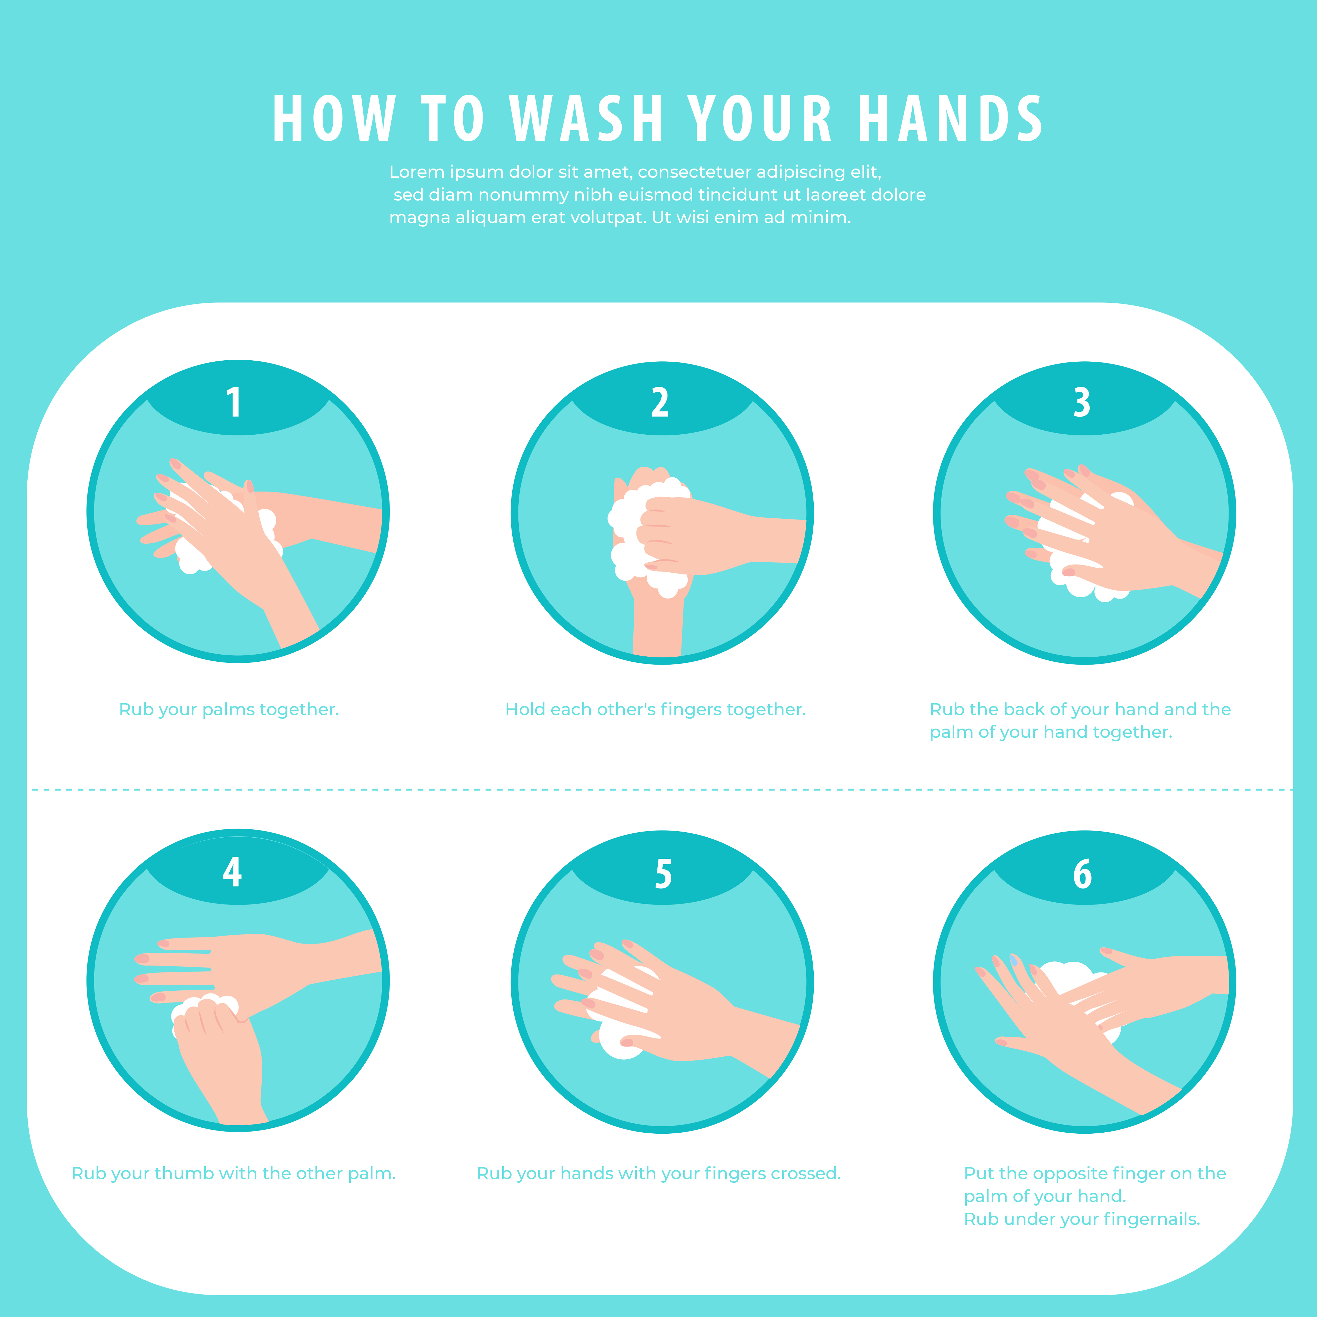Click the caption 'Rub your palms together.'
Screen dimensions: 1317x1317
pos(229,710)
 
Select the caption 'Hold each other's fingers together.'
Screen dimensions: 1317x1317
pos(655,710)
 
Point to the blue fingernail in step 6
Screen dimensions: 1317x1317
pos(1014,960)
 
